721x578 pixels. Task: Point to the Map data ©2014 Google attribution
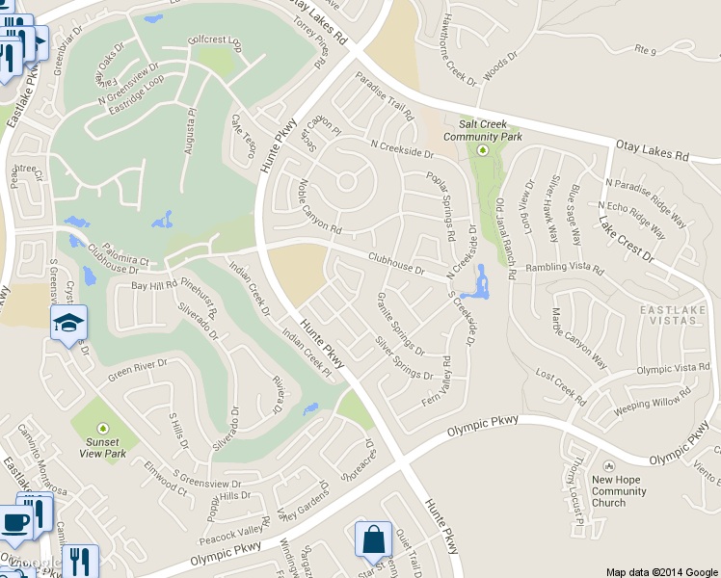(661, 571)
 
